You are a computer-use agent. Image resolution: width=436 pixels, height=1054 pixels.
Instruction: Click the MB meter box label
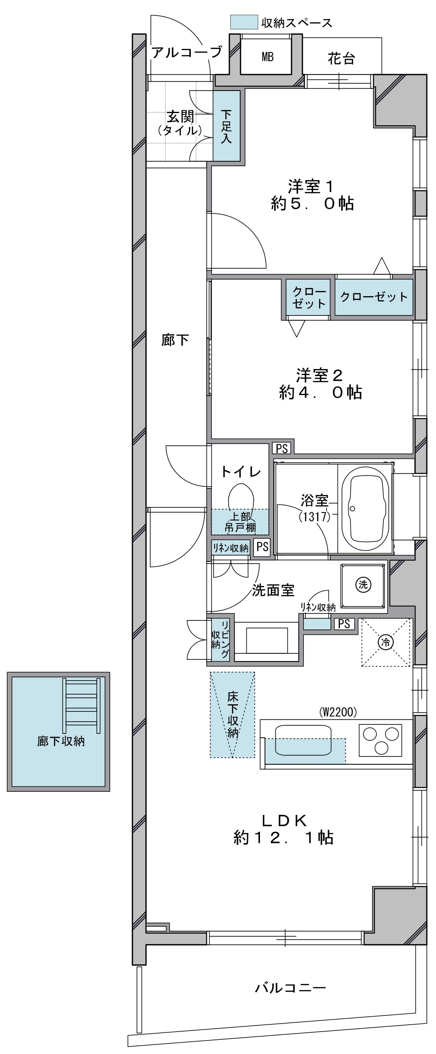[267, 57]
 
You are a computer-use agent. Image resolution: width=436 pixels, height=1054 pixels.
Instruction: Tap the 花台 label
[341, 59]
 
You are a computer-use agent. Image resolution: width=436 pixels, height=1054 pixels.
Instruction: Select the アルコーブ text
[187, 52]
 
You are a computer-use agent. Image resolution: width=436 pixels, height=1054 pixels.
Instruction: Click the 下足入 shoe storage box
[226, 126]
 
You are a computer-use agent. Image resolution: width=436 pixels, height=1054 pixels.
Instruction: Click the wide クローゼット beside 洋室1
[374, 297]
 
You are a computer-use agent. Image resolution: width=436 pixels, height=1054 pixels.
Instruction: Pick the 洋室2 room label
[319, 375]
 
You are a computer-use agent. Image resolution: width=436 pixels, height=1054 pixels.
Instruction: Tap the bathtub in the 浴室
[364, 509]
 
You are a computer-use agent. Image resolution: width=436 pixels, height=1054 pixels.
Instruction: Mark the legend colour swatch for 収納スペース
[244, 22]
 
